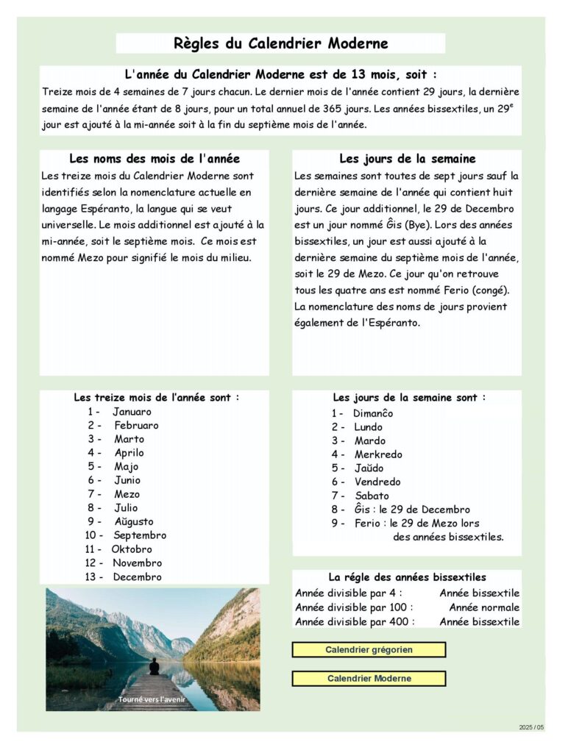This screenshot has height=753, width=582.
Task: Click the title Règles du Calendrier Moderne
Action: pos(280,43)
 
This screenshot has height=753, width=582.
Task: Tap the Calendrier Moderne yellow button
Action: pos(369,679)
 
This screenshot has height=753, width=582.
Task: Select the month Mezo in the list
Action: pos(127,494)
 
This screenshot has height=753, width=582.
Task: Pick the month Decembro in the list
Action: pos(137,577)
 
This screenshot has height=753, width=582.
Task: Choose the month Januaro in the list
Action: pos(132,412)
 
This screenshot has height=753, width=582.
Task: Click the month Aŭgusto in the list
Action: pos(134,522)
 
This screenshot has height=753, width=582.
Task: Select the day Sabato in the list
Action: pos(372,496)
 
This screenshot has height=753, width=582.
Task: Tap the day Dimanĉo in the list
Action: pos(373,413)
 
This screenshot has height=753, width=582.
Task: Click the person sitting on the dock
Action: pos(155,667)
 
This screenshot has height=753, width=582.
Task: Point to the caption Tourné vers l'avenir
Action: pos(152,699)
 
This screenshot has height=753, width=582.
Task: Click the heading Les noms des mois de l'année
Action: pos(155,159)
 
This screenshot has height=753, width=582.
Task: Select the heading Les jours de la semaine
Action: pos(407,159)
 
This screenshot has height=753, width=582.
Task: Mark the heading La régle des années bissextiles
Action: pos(407,578)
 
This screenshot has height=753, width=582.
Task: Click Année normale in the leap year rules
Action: pos(484,607)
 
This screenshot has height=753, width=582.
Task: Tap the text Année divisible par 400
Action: pos(355,621)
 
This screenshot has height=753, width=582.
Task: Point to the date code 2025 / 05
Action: pos(531,727)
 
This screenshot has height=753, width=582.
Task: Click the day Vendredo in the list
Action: pos(377,482)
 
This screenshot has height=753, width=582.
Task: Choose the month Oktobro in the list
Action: pos(132,549)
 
